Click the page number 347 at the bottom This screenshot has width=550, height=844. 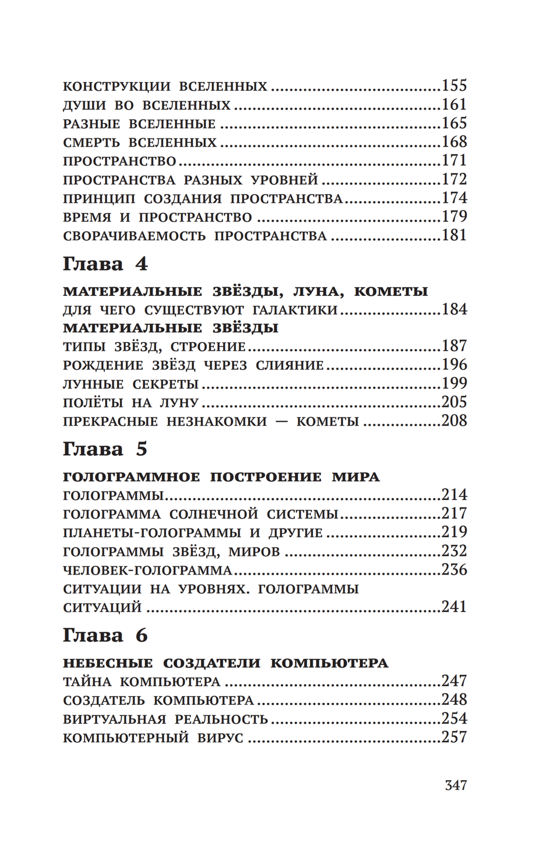point(455,785)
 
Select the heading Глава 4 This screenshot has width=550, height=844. point(105,264)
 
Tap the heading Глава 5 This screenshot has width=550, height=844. point(105,449)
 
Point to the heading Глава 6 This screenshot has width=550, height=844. point(105,636)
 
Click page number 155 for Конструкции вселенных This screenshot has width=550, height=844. point(454,86)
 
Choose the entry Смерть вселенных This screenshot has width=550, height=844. point(140,142)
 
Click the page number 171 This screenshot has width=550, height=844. point(454,161)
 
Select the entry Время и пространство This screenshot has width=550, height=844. point(157,217)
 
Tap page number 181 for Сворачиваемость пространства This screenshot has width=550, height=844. point(454,235)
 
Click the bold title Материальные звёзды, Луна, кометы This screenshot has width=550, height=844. point(245,291)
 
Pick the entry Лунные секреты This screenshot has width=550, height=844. point(131,384)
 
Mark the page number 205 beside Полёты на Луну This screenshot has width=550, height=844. point(454,402)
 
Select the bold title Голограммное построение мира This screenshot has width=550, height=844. point(221,477)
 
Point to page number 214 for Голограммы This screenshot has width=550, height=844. point(454,495)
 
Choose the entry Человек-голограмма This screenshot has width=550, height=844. point(147,570)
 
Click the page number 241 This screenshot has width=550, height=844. point(454,607)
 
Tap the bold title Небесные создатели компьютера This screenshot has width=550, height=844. point(226,663)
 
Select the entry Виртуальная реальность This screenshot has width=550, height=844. point(166,719)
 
